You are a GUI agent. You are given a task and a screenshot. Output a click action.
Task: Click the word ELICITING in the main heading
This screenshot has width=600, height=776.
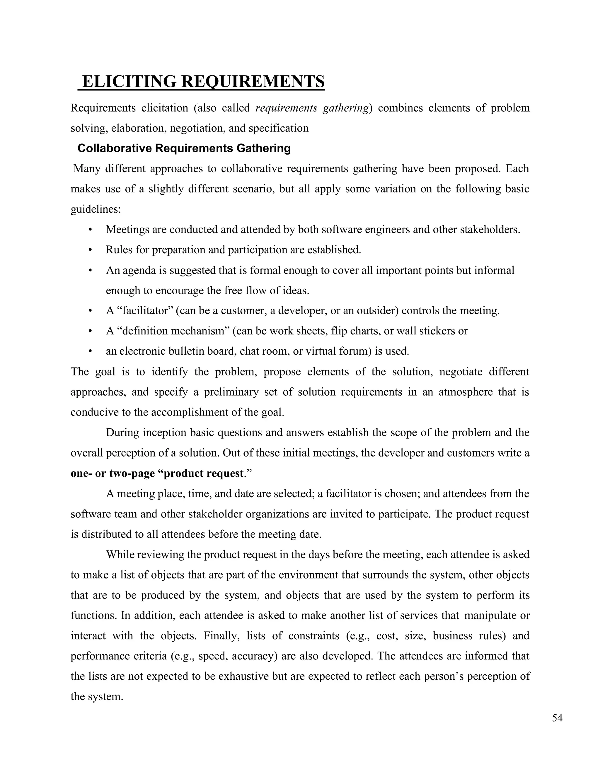(129, 81)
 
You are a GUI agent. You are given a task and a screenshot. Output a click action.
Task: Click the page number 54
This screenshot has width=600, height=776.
(557, 718)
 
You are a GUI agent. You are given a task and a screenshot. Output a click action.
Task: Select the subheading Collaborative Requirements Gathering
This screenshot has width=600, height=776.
(184, 148)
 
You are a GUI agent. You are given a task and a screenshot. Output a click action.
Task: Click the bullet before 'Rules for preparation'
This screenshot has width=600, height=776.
(90, 250)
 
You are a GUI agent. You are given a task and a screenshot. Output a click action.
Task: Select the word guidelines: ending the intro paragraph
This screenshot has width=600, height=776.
(96, 209)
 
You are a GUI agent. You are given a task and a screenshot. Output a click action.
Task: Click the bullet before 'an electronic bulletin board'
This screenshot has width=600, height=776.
(90, 351)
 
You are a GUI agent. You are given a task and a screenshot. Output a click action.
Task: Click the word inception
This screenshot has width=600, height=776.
(165, 433)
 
